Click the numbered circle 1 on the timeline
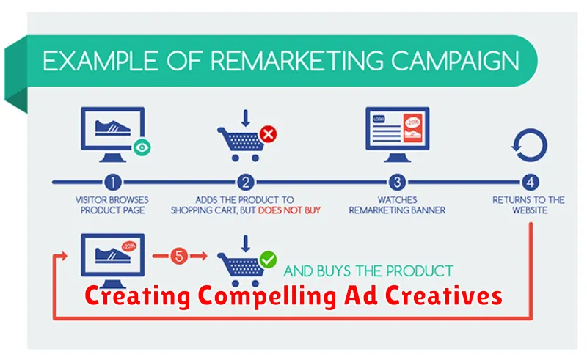[x=113, y=183]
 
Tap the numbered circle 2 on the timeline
[x=246, y=183]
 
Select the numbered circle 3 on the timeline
[x=397, y=183]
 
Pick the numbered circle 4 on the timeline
[x=530, y=183]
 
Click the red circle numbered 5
[x=179, y=257]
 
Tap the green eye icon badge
[x=142, y=147]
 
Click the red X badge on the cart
[x=268, y=134]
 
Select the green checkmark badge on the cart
[x=268, y=260]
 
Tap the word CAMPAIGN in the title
[x=455, y=61]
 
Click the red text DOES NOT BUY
[x=289, y=210]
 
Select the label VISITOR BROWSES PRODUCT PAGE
[x=112, y=205]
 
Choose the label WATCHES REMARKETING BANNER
[x=397, y=205]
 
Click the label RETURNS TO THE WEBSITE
[x=528, y=205]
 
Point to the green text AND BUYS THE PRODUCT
[x=368, y=271]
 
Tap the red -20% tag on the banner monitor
[x=412, y=128]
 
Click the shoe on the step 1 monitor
[x=113, y=128]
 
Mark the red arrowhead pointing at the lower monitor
[x=64, y=256]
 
